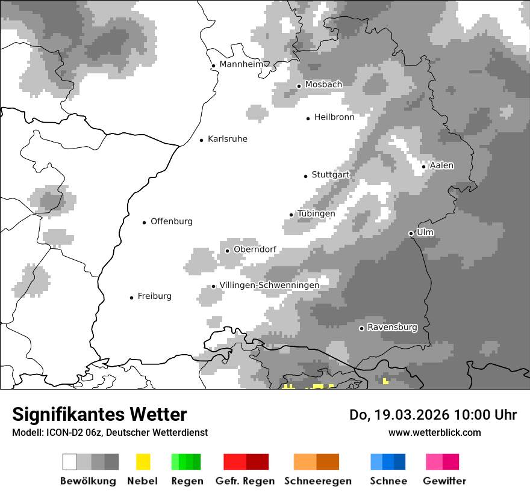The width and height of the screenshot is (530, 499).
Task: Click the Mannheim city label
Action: [241, 64]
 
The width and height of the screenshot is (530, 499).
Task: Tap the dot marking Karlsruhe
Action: [202, 140]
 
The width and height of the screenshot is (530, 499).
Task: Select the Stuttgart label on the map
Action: [330, 175]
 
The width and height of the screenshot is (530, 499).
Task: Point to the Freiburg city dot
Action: [131, 298]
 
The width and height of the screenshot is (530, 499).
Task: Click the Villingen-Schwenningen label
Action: [269, 285]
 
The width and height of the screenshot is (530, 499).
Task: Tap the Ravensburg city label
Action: [392, 328]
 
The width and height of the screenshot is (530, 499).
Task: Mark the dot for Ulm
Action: [411, 233]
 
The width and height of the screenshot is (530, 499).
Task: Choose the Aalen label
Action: [441, 165]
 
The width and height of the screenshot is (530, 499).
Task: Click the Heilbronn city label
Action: [334, 117]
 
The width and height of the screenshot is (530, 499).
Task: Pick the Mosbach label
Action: [323, 85]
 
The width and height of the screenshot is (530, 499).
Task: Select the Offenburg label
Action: [172, 221]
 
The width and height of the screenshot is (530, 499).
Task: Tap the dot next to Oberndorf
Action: [227, 251]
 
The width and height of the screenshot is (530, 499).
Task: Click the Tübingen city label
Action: [316, 214]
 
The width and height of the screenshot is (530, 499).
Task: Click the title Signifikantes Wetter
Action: [99, 414]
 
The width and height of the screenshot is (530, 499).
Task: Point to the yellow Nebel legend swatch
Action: [143, 462]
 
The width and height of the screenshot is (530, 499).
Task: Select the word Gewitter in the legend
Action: [444, 481]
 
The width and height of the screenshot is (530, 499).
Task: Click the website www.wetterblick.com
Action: [434, 432]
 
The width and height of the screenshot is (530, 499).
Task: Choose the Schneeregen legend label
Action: [318, 481]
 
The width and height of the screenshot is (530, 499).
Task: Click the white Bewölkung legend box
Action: [69, 462]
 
